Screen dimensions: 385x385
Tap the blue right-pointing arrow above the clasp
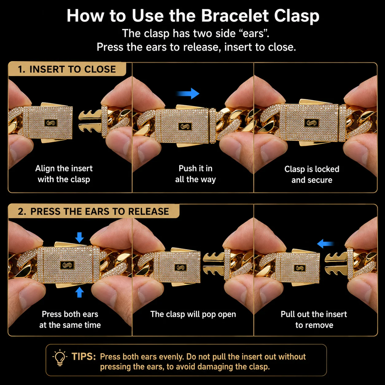pos(188,93)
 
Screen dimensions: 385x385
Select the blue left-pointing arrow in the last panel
pos(325,244)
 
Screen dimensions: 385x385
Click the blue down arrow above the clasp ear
pos(80,237)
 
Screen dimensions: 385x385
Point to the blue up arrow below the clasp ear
pos(80,292)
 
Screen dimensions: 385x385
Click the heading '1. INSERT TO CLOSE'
pos(67,69)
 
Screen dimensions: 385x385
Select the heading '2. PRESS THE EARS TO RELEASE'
pos(93,211)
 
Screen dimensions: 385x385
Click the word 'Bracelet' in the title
pos(235,16)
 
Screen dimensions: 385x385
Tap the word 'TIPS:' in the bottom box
pos(84,357)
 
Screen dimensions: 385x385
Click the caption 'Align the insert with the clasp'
pos(64,174)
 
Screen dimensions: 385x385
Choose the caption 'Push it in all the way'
pos(196,174)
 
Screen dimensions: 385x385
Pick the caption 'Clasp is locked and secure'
pos(312,174)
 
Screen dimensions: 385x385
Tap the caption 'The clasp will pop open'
pos(193,314)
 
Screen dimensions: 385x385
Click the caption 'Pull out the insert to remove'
pos(314,320)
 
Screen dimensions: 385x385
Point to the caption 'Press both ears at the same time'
pos(70,320)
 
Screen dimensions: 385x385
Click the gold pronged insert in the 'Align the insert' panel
pos(90,121)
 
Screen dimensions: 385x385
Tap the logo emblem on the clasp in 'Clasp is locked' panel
pos(311,123)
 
